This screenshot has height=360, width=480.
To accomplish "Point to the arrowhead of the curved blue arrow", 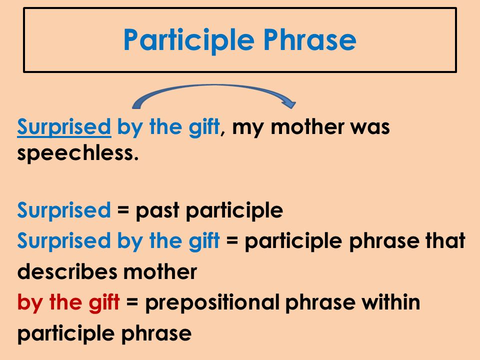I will click(288, 104).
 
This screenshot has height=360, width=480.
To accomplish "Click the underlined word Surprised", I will click(64, 128).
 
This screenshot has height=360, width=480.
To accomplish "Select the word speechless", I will click(77, 153).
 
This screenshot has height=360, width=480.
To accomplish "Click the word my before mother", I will click(246, 128).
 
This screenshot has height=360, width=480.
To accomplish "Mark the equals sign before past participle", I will click(122, 211).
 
